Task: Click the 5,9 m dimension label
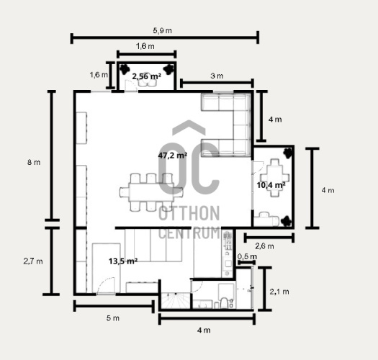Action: (162, 31)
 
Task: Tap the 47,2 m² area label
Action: (172, 156)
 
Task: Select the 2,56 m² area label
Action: (146, 76)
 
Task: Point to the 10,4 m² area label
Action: (271, 185)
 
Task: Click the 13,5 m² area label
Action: (123, 261)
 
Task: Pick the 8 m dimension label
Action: (34, 162)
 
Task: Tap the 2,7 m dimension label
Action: (33, 261)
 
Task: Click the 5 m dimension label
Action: (113, 318)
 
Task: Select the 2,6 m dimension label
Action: (264, 246)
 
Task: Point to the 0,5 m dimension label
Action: (247, 256)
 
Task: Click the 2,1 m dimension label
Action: (279, 292)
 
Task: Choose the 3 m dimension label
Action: (217, 76)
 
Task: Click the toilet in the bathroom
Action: (224, 302)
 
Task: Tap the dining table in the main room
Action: (151, 192)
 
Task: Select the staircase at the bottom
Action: (175, 300)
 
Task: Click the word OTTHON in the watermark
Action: (189, 213)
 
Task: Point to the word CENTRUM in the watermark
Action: (189, 233)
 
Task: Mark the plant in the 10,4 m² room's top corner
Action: (287, 153)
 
